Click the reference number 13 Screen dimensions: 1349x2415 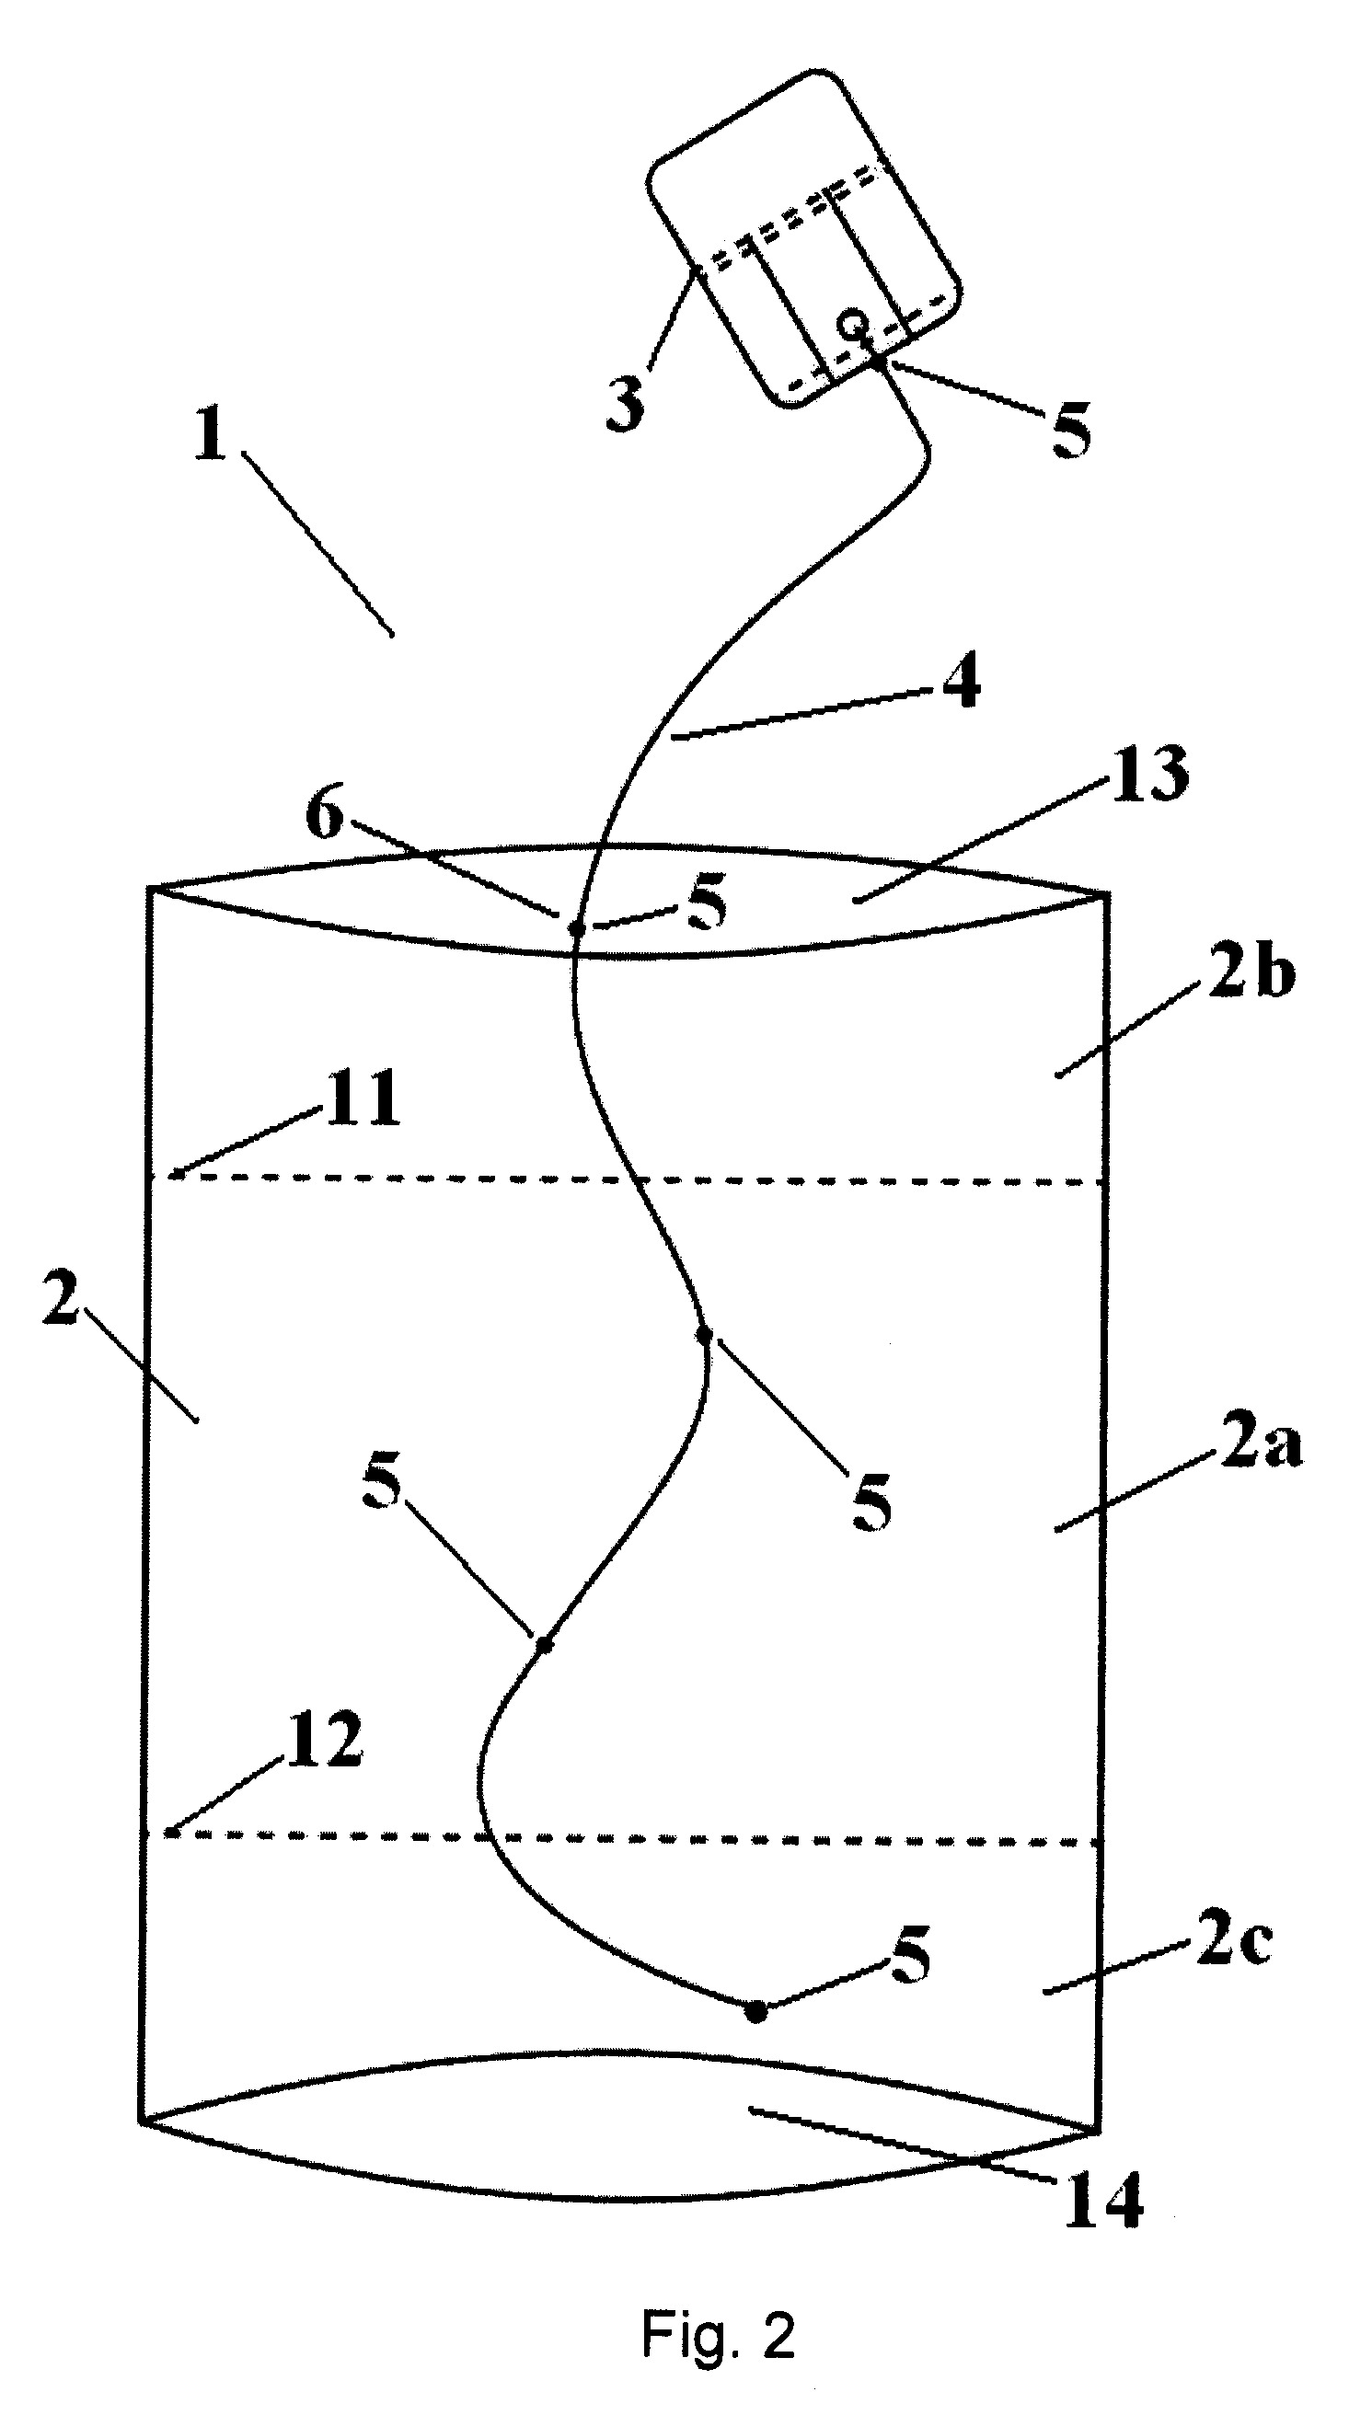click(1149, 776)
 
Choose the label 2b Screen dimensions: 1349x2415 click(1251, 975)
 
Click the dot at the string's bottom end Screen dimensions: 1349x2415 click(755, 2011)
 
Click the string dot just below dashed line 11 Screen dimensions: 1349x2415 click(704, 1334)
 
